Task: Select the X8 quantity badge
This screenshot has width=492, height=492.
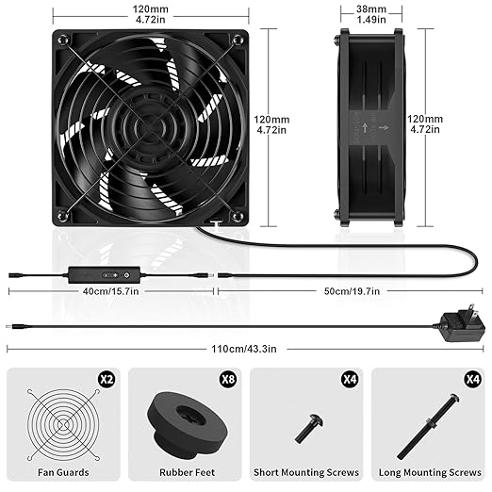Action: (x=226, y=380)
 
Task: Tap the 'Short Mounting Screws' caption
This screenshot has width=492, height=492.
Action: (x=305, y=471)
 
